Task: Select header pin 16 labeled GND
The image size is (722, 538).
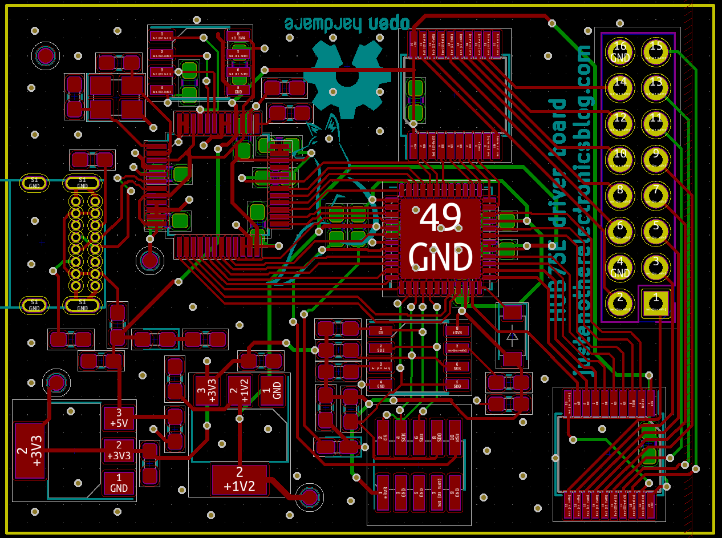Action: [x=620, y=52]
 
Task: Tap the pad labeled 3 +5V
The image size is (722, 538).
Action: [x=119, y=418]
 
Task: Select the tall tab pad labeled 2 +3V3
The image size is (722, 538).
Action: [x=30, y=451]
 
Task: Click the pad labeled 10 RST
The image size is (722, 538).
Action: [x=454, y=438]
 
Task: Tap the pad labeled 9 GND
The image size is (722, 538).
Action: [x=454, y=492]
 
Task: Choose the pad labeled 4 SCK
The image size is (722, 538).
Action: [x=402, y=438]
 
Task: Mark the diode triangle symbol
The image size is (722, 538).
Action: [x=512, y=337]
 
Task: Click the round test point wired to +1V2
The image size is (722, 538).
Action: [x=310, y=497]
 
